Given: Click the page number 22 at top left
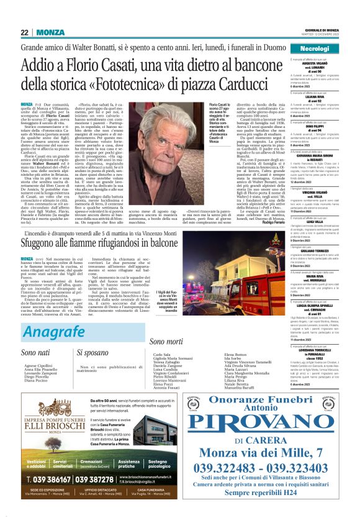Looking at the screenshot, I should (x=24, y=32).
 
